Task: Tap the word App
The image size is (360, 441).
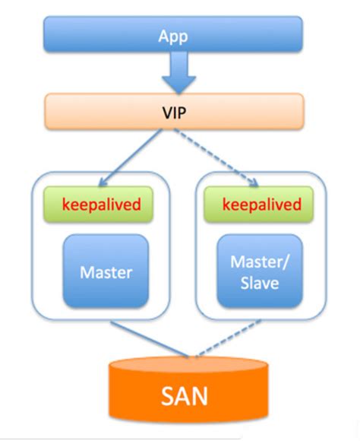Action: (174, 36)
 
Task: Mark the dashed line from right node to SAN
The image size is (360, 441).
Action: (228, 338)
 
